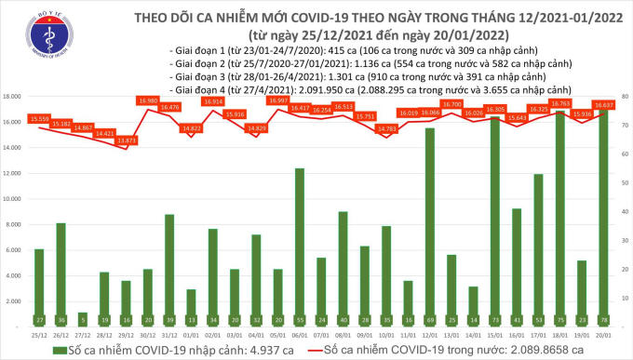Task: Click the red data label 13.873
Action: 128,140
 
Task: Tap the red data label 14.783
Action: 387,128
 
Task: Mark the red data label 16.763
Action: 562,104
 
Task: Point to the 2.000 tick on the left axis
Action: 14,301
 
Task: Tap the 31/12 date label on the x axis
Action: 168,335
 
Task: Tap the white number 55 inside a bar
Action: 300,319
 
